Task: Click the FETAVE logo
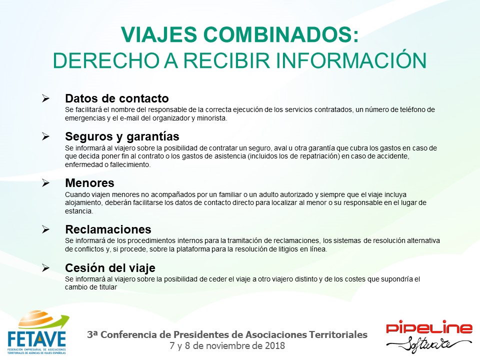coord(37,332)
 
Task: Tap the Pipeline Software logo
coord(429,336)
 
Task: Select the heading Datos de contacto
coord(116,98)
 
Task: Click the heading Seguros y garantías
coord(122,136)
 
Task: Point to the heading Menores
coord(89,183)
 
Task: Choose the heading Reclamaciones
coord(108,229)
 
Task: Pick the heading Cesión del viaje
coord(110,268)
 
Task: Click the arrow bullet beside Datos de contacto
coord(45,98)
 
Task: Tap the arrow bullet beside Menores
coord(45,183)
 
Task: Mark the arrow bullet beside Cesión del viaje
coord(45,268)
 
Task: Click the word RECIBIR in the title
coord(226,60)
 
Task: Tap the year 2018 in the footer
coord(275,346)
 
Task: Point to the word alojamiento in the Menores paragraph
coord(83,203)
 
